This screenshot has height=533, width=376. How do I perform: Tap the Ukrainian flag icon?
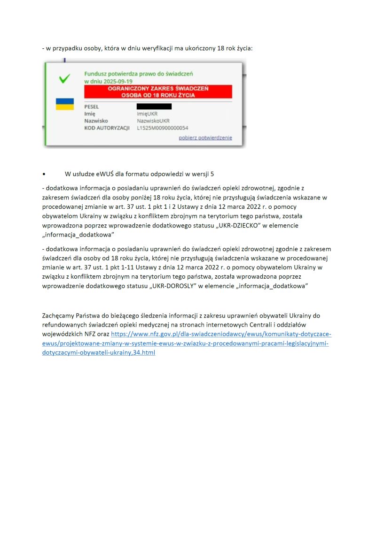(x=65, y=104)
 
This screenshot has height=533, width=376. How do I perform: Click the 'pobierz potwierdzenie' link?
(x=205, y=137)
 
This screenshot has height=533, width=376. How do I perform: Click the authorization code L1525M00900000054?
(x=163, y=128)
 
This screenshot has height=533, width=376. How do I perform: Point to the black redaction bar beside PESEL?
(x=154, y=107)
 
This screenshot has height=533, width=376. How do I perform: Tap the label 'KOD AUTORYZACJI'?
(x=106, y=128)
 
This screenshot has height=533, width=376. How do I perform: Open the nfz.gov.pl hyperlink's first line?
(x=221, y=334)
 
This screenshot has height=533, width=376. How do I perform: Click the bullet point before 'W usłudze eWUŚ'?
(x=44, y=174)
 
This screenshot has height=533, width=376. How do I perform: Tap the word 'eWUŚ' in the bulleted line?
(x=105, y=174)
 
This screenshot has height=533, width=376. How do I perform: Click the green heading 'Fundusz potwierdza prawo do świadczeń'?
(x=138, y=74)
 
